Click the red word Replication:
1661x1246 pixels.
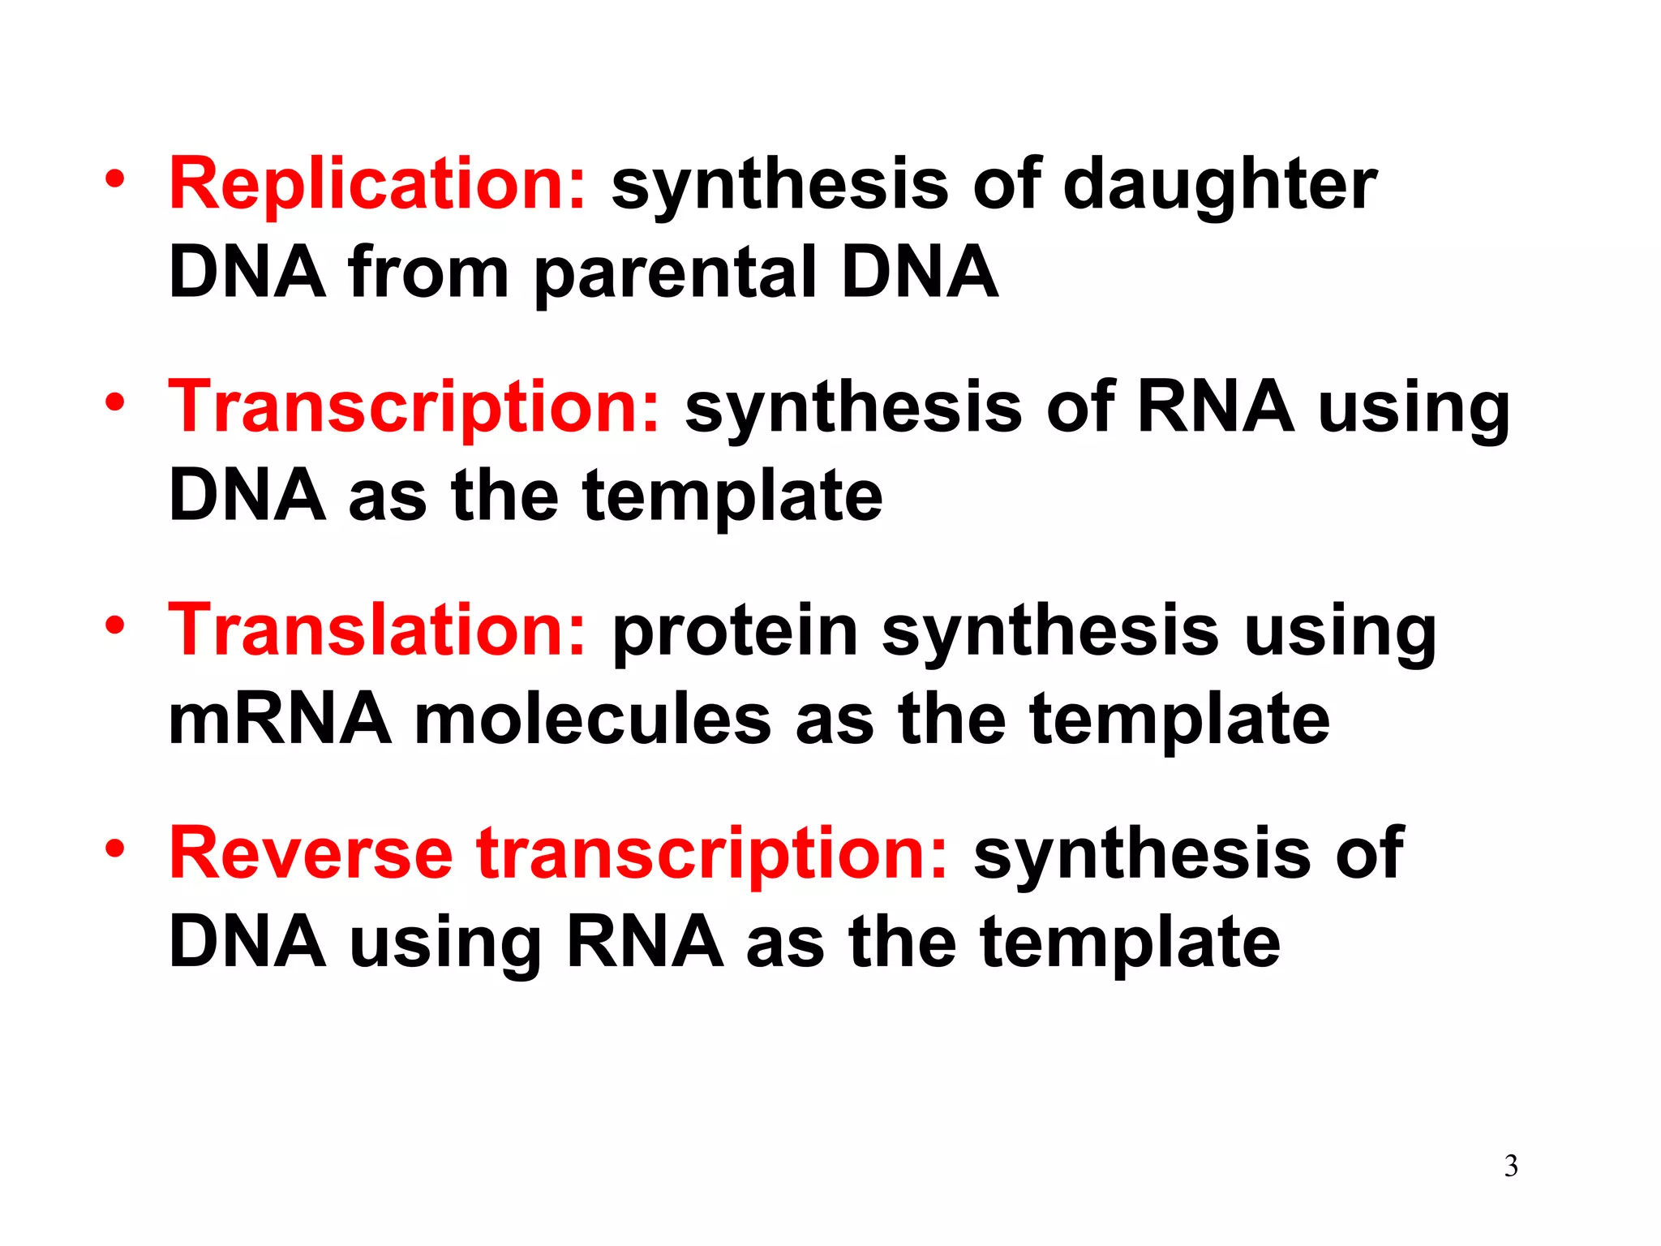point(376,184)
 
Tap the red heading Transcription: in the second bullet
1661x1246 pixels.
point(414,407)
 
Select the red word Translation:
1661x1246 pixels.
point(376,630)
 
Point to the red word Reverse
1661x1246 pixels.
point(311,853)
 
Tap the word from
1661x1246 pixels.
point(428,273)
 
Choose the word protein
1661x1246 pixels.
point(735,630)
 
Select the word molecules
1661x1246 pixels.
point(593,720)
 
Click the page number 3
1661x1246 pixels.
point(1511,1167)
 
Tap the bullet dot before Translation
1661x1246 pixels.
point(115,625)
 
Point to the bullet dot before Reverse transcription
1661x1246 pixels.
point(115,849)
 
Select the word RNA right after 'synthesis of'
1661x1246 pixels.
point(1215,407)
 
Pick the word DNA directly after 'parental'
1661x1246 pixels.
point(919,273)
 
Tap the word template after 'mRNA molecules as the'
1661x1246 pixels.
point(1180,720)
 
